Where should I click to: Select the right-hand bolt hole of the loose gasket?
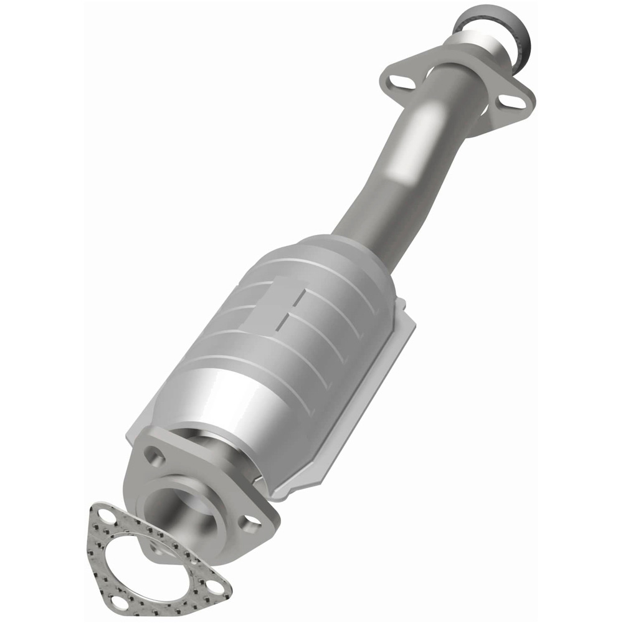point(212,586)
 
